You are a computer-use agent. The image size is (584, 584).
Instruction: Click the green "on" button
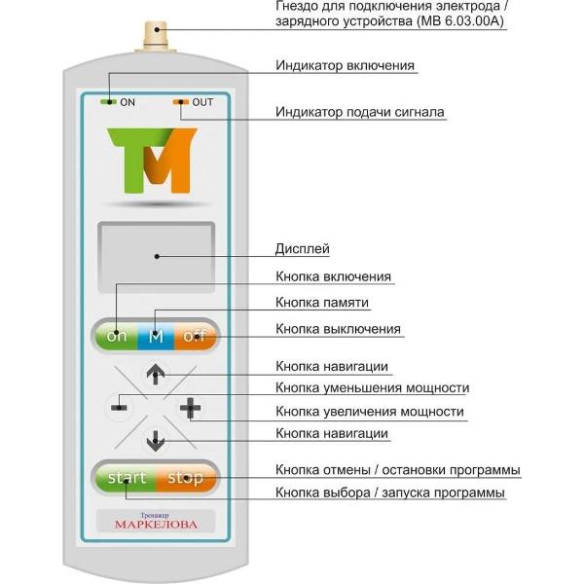[118, 338]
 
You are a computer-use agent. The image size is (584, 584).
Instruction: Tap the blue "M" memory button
[155, 338]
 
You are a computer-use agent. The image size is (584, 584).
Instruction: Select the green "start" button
[127, 478]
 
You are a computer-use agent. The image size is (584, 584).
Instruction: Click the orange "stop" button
[186, 478]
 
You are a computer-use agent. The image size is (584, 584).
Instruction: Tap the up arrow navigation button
[156, 373]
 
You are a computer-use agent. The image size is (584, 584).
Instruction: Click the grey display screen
[156, 255]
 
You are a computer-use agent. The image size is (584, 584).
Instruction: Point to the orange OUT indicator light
[181, 101]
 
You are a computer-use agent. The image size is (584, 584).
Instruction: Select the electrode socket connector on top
[156, 39]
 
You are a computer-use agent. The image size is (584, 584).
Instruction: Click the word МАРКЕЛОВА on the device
[156, 524]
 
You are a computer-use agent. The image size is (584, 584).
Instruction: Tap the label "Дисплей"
[303, 249]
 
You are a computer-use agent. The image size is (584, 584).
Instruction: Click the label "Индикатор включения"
[346, 66]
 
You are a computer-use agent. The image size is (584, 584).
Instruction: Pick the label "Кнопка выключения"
[338, 329]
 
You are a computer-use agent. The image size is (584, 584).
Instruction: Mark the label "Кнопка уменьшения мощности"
[372, 387]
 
